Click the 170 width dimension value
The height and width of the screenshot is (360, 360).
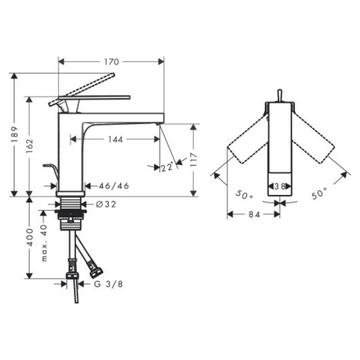pos(112,62)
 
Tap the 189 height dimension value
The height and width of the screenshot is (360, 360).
pos(15,134)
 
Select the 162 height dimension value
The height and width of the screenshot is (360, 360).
pos(30,146)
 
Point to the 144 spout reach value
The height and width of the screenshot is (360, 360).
pos(115,139)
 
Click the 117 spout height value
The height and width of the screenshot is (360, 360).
pos(194,159)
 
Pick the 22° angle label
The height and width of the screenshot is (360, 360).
pos(167,167)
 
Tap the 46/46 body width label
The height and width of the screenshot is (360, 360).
pos(114,186)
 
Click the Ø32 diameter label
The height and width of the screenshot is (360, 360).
pos(106,204)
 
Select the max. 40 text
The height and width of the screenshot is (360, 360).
pos(44,243)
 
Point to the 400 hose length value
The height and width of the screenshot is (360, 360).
pos(30,237)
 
